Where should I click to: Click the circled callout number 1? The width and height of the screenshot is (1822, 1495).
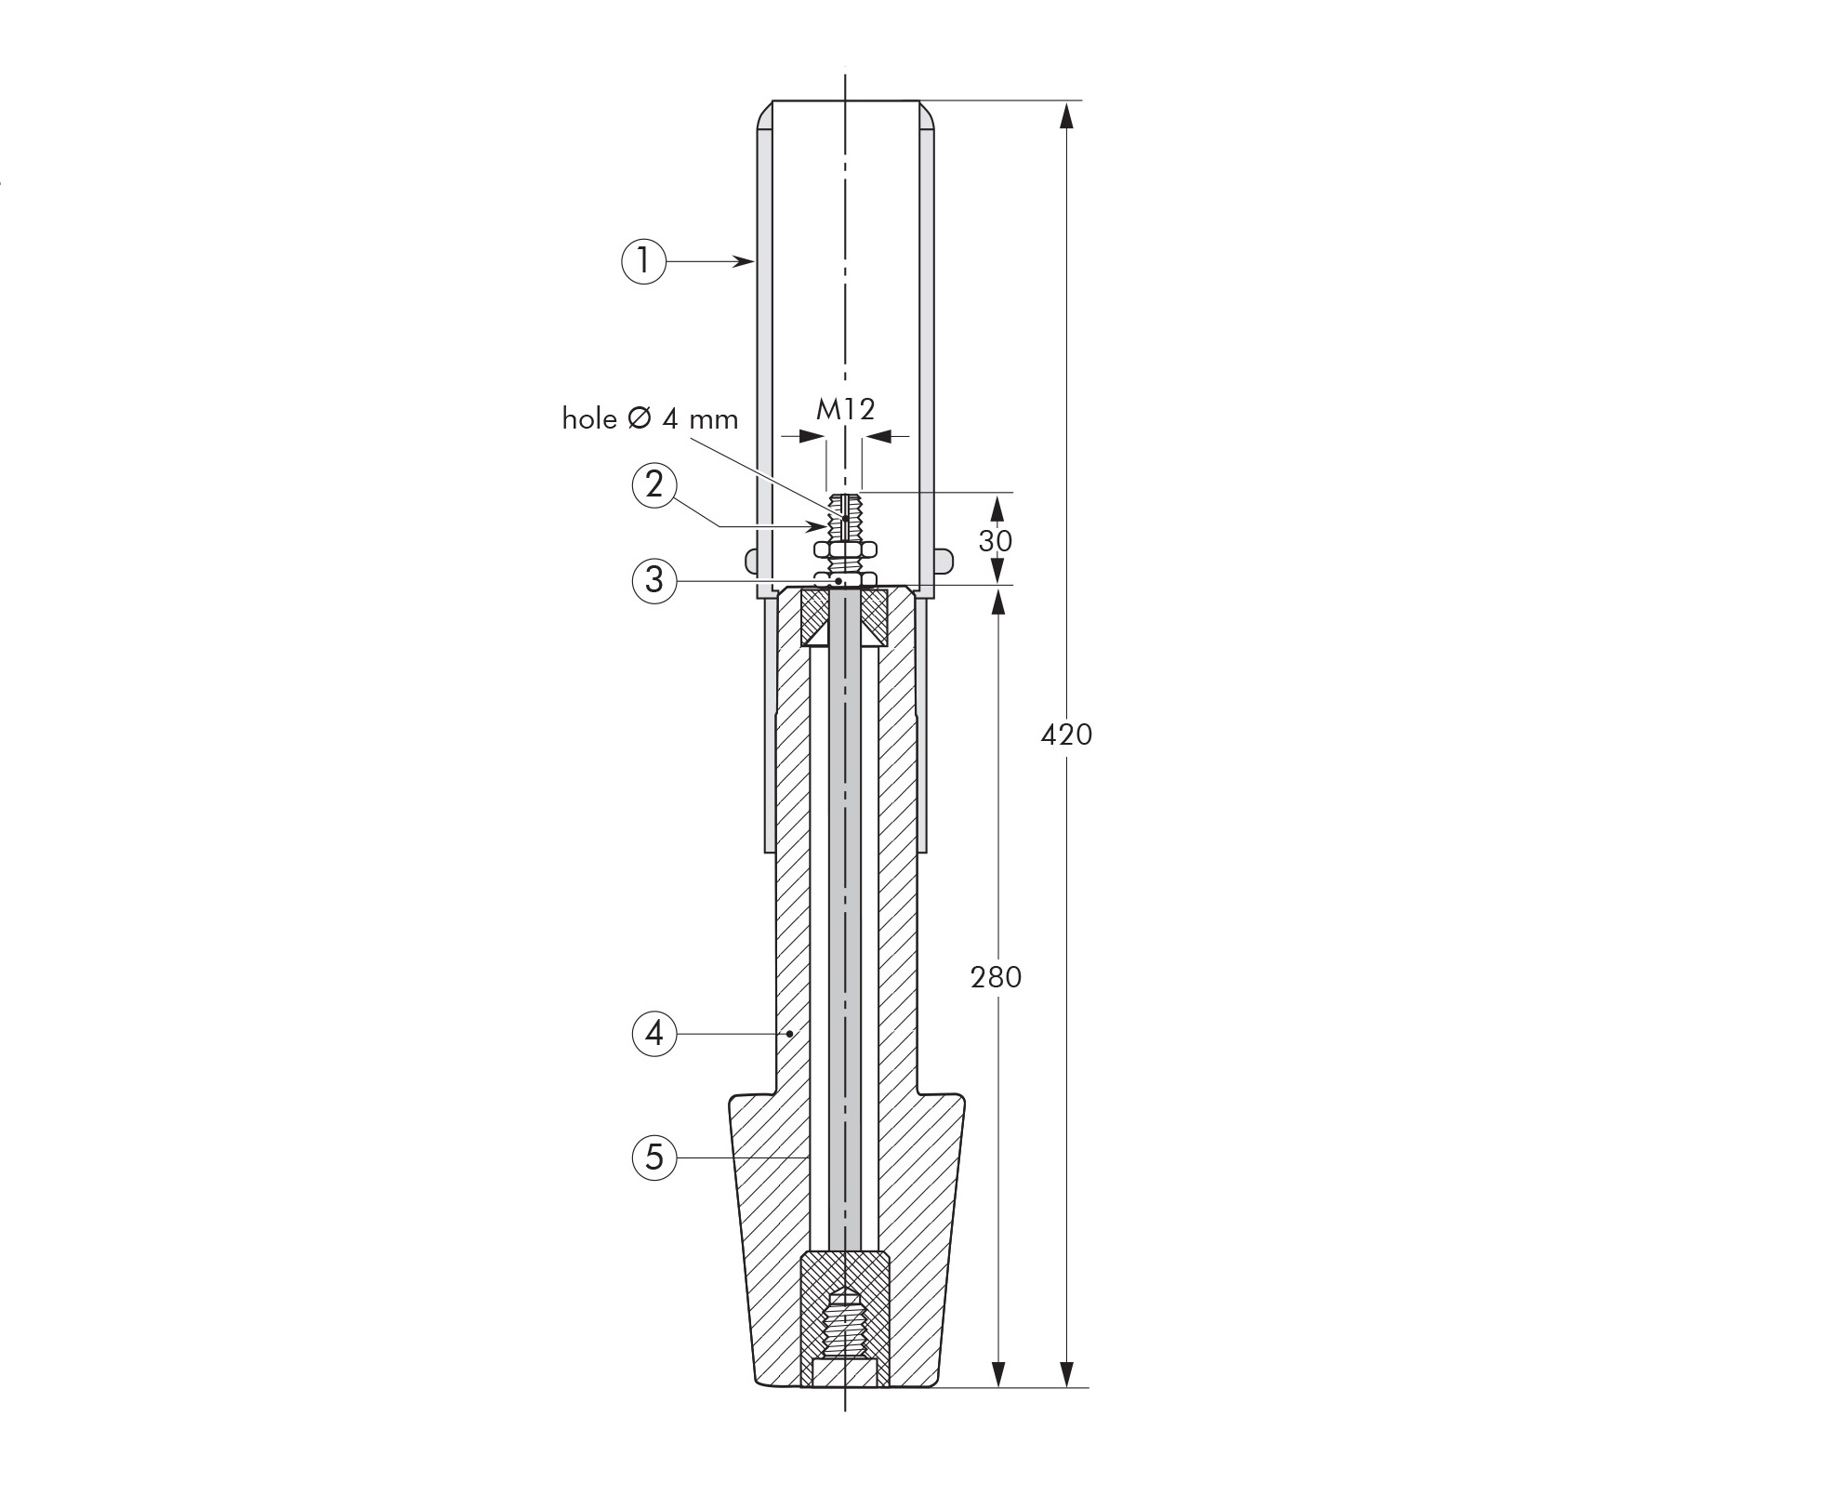[x=643, y=261]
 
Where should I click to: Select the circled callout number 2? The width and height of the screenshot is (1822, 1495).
[x=654, y=484]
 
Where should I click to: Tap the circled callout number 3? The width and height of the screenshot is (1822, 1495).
[x=654, y=580]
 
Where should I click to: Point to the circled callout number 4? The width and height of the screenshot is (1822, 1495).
[x=654, y=1033]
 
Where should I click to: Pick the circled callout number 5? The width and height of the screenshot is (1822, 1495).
[x=654, y=1158]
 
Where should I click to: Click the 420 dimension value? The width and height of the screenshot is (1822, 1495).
[x=1066, y=734]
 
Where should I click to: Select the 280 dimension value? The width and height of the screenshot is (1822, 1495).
[x=997, y=976]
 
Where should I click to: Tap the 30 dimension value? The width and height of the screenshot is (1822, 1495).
[x=996, y=540]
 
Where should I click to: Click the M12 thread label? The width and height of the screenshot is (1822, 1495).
[x=846, y=409]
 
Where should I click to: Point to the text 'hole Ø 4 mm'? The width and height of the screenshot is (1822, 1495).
[x=650, y=419]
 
